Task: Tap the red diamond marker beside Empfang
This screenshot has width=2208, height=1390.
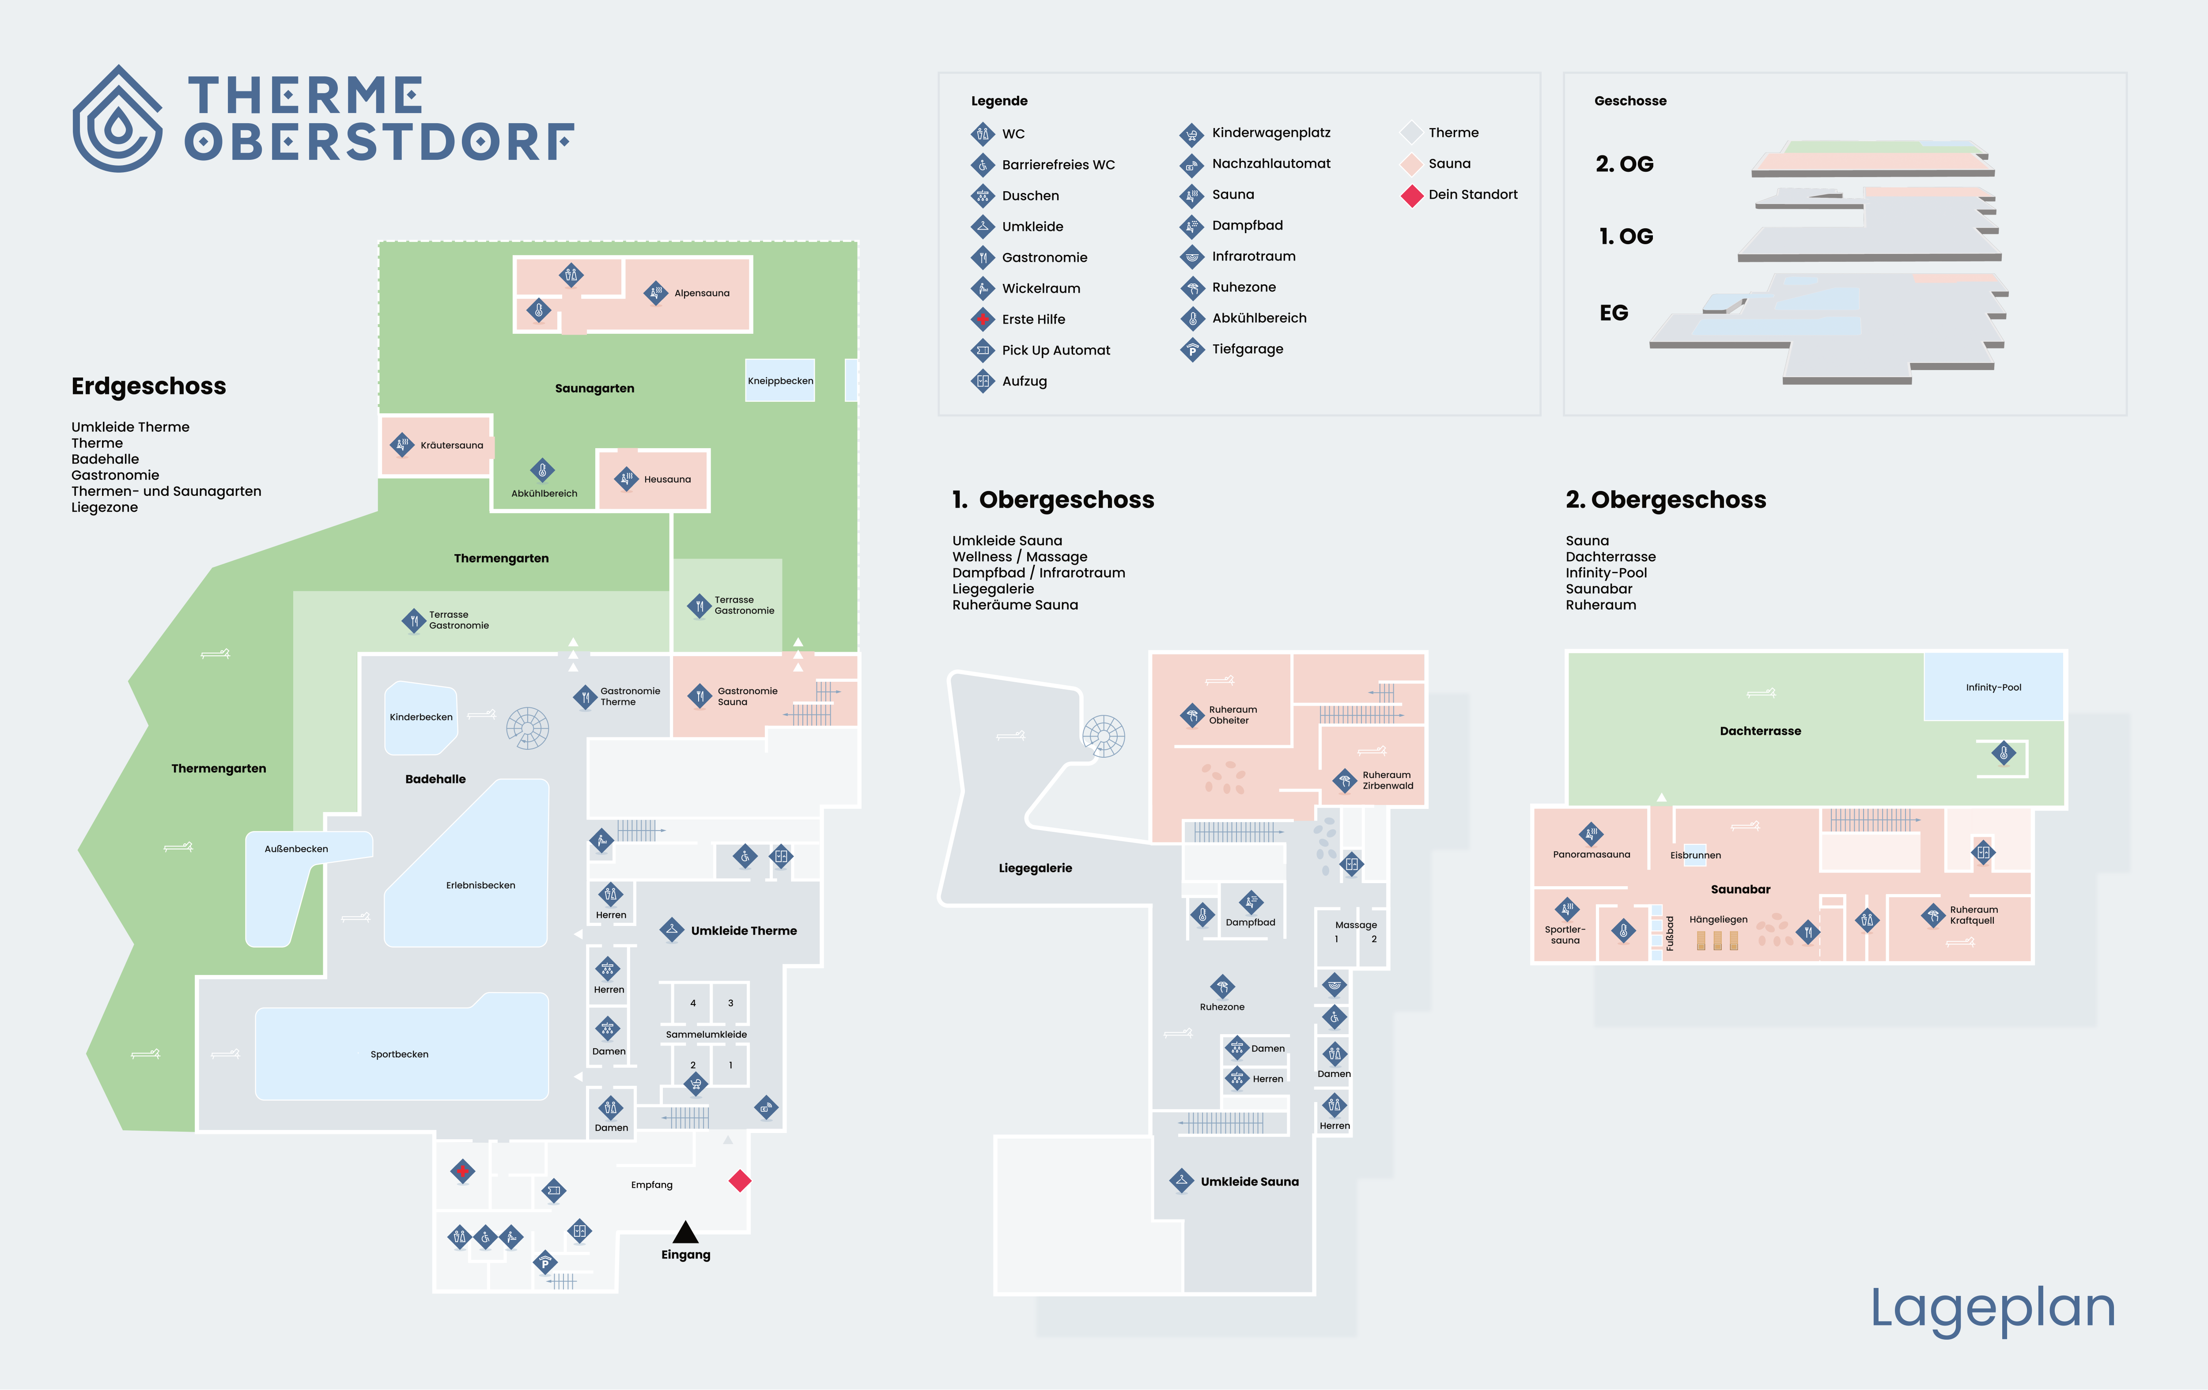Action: tap(740, 1181)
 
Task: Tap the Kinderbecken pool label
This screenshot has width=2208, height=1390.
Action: tap(421, 717)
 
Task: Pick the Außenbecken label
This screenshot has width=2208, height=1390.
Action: tap(296, 849)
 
